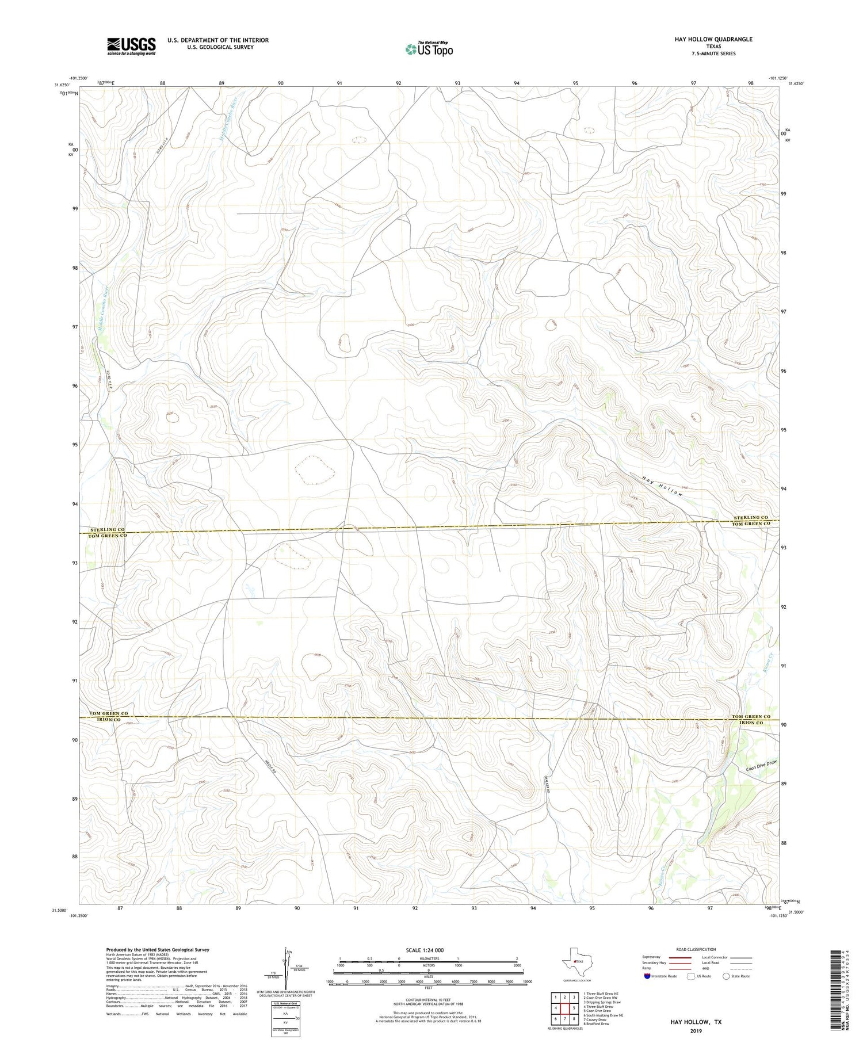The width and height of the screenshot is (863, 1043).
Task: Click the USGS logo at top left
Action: pyautogui.click(x=131, y=46)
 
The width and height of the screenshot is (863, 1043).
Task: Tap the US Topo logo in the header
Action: pyautogui.click(x=429, y=49)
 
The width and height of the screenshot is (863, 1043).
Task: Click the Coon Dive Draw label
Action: pyautogui.click(x=761, y=767)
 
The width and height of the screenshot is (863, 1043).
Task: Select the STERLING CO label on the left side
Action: pyautogui.click(x=107, y=529)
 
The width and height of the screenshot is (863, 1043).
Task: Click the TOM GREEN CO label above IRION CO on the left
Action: pyautogui.click(x=108, y=713)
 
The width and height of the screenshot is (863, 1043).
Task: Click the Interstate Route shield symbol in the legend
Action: pyautogui.click(x=647, y=976)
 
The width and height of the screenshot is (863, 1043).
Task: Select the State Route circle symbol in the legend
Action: pyautogui.click(x=726, y=976)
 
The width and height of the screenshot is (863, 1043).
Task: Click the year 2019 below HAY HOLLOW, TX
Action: pyautogui.click(x=696, y=1031)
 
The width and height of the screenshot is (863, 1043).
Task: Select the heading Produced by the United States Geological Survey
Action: pyautogui.click(x=157, y=950)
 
